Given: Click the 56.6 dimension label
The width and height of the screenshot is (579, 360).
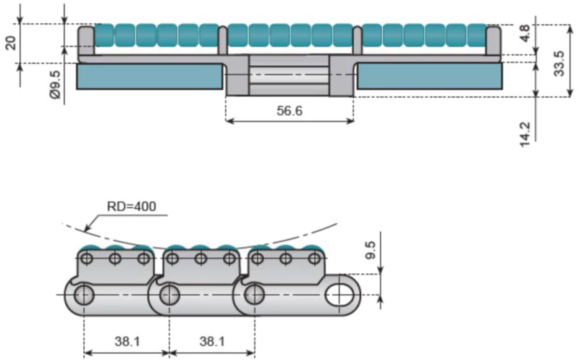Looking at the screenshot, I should (x=289, y=109).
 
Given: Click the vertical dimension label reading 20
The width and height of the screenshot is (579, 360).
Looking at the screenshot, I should (x=11, y=41).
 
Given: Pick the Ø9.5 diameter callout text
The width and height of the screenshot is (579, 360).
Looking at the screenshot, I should (x=54, y=85).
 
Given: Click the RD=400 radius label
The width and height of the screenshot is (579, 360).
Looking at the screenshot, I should (x=131, y=206).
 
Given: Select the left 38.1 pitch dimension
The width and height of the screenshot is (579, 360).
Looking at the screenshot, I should (x=126, y=341).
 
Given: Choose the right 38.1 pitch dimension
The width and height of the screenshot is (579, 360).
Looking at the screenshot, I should (x=211, y=341).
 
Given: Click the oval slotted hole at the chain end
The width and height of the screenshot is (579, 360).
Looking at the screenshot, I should (x=339, y=295).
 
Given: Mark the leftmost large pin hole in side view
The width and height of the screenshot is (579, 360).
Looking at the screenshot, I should (x=83, y=295).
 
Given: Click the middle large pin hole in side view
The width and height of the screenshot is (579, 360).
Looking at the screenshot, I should (x=169, y=295).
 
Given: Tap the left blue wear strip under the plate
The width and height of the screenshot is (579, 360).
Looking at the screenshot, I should (x=149, y=77).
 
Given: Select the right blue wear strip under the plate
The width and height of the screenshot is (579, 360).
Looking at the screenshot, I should (x=429, y=77).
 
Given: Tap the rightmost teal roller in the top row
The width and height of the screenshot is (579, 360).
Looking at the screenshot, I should (x=476, y=35).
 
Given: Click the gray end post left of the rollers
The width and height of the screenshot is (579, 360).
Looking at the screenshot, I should (x=85, y=40).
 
